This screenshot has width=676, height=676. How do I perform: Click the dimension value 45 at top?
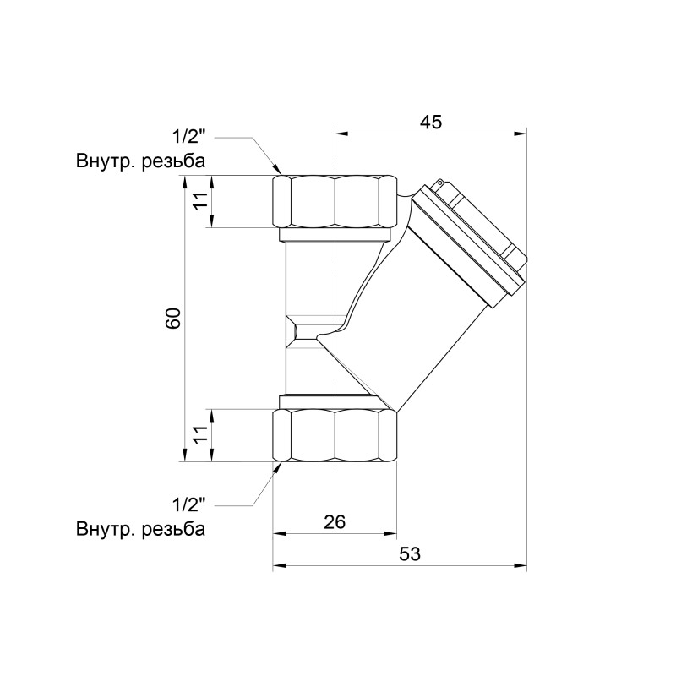[x=431, y=122]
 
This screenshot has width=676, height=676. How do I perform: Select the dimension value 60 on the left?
[x=173, y=319]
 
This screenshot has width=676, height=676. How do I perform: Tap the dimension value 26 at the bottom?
[x=335, y=522]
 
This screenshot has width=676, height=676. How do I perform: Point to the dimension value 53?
[x=409, y=554]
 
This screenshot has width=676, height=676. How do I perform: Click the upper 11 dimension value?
[x=199, y=201]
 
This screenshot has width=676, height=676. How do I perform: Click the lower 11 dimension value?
[x=199, y=435]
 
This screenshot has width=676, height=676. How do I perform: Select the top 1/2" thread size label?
[x=189, y=136]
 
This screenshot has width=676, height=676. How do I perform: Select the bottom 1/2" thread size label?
[x=189, y=506]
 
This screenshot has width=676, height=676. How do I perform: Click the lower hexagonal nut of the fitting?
[x=335, y=435]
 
